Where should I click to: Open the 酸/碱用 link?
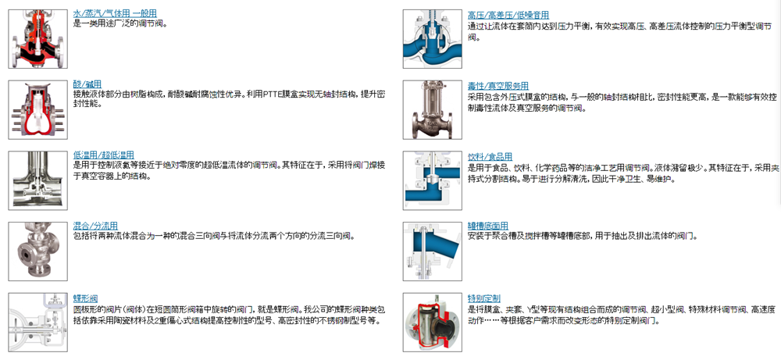point(87,84)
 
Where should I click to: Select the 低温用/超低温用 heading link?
point(104,155)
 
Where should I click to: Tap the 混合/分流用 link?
point(95,226)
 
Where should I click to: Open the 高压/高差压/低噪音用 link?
point(508,16)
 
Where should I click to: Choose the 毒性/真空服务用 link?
point(498,86)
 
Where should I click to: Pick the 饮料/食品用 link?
point(490,157)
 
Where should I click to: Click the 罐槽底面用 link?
point(488,226)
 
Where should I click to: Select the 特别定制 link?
point(484,299)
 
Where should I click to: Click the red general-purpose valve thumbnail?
point(37,39)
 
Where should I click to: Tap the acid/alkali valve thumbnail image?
point(37,109)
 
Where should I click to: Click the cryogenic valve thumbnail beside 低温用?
point(37,180)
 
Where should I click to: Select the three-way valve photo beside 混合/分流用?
point(37,251)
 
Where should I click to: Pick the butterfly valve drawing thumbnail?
point(37,323)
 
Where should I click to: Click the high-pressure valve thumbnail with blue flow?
point(433,39)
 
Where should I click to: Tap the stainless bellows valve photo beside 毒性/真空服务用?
point(433,109)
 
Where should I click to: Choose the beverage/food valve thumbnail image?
point(433,180)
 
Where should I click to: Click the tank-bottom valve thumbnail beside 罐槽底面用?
point(433,251)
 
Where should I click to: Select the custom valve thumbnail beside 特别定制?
point(433,323)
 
